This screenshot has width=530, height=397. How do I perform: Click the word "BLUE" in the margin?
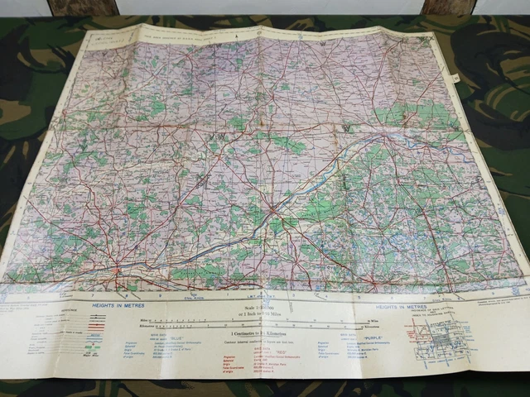175,339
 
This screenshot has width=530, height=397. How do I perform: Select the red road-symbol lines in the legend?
93,325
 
